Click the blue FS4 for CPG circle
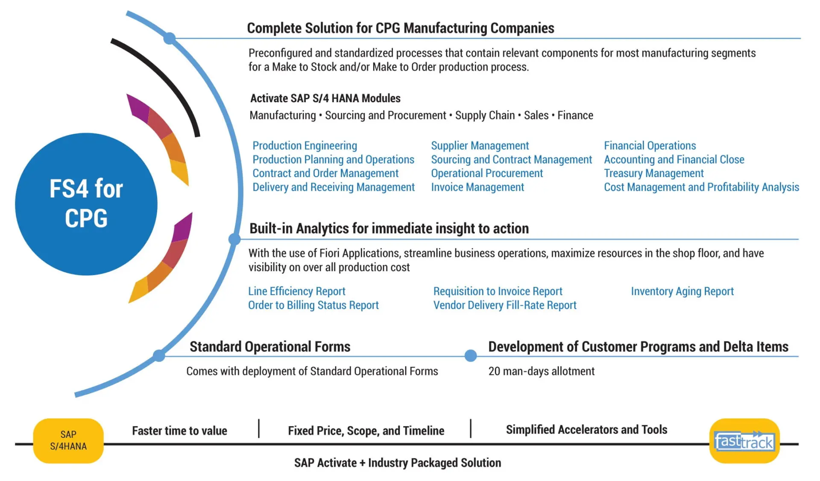(86, 204)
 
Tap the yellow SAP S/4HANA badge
(68, 440)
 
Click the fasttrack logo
(744, 441)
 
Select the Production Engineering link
(305, 146)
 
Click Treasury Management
(653, 173)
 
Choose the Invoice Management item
(477, 187)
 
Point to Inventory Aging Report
(682, 291)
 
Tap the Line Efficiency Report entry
(296, 291)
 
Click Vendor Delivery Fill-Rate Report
(504, 305)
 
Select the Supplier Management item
(480, 146)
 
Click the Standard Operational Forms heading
(270, 346)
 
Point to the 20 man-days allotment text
(541, 371)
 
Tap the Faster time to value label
(179, 431)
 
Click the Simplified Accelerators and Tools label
(586, 430)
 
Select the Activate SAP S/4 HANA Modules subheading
(325, 98)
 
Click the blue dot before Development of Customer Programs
(470, 355)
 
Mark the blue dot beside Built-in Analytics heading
(234, 239)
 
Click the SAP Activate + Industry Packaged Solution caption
(397, 463)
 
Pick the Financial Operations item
(650, 146)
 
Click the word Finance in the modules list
(575, 115)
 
